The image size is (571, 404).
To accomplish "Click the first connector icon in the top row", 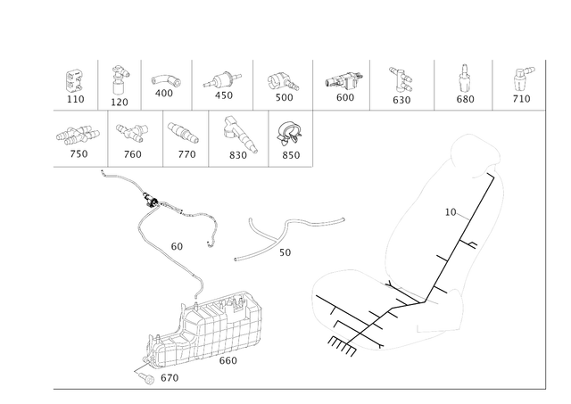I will pyautogui.click(x=75, y=83).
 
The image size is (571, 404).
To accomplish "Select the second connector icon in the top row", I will pyautogui.click(x=118, y=83).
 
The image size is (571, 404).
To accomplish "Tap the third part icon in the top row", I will pyautogui.click(x=165, y=83).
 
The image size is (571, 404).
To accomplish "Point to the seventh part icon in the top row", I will pyautogui.click(x=401, y=83).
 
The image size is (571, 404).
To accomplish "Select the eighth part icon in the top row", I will pyautogui.click(x=461, y=83).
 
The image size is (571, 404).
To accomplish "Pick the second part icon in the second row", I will pyautogui.click(x=133, y=136).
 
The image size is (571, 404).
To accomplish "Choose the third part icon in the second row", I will pyautogui.click(x=185, y=136).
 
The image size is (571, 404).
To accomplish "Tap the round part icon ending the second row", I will pyautogui.click(x=289, y=136).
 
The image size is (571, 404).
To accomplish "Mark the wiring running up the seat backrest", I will pyautogui.click(x=464, y=241).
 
